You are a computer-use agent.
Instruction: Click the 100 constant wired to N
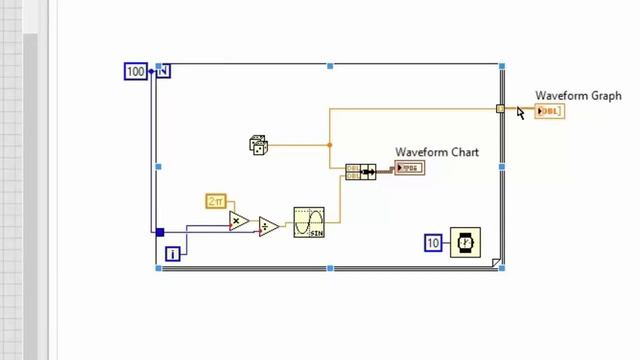[x=135, y=71]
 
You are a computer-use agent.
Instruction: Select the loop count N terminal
[x=164, y=71]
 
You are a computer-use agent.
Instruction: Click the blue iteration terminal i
[x=172, y=254]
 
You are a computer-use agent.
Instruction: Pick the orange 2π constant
[x=216, y=202]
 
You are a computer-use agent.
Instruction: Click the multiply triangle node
[x=238, y=221]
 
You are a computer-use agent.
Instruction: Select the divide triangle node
[x=268, y=227]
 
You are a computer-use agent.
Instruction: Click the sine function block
[x=309, y=222]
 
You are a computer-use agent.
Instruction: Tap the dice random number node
[x=258, y=145]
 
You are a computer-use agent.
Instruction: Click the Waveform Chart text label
[x=436, y=152]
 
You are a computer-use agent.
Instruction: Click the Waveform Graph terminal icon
[x=550, y=111]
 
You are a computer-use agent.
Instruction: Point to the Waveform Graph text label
[x=578, y=96]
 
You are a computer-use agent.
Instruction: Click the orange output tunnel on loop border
[x=501, y=109]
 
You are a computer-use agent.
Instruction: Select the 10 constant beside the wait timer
[x=433, y=243]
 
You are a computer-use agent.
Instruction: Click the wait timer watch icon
[x=465, y=242]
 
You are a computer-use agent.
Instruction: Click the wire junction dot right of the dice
[x=330, y=145]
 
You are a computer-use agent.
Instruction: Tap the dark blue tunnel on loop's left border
[x=159, y=232]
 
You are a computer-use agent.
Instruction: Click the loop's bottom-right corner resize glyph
[x=496, y=263]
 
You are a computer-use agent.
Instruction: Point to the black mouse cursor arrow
[x=520, y=112]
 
